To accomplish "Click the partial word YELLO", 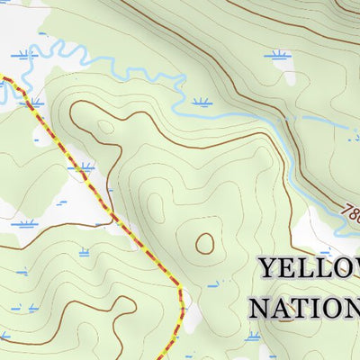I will [x=308, y=269].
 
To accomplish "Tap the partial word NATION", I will [x=304, y=309].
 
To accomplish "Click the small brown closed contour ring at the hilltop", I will [x=205, y=243].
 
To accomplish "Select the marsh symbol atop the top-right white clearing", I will [x=281, y=56].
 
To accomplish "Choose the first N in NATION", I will [x=261, y=309].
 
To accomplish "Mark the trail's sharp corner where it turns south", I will [x=180, y=290].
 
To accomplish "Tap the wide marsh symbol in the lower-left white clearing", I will [x=24, y=223].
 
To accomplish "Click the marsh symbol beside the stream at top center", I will [x=202, y=103].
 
